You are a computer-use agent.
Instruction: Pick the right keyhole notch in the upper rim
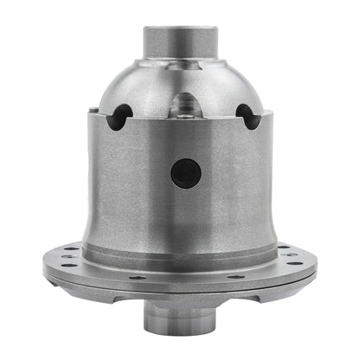coord(249,115)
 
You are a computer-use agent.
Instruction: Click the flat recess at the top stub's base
coord(179,80)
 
